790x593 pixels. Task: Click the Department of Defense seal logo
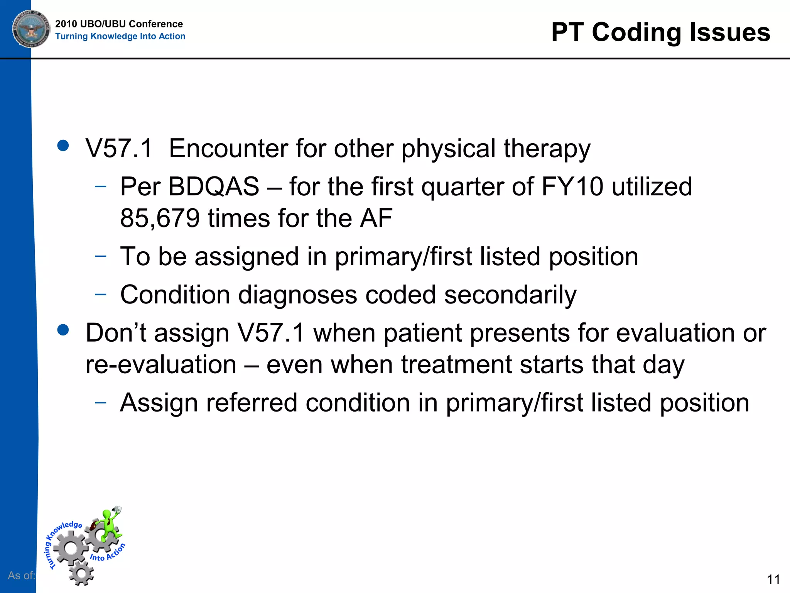tap(31, 29)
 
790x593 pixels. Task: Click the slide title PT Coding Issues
tap(660, 32)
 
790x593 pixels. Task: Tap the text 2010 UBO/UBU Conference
tap(119, 24)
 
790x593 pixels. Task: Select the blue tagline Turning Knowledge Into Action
tap(120, 36)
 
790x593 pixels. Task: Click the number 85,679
tap(160, 218)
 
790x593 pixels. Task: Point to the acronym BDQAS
tap(214, 186)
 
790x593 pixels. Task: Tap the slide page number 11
tap(773, 579)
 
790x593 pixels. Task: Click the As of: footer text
tap(21, 575)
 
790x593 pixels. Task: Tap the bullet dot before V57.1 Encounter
tap(63, 146)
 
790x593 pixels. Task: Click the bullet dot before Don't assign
tap(63, 330)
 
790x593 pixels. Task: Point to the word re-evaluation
tap(161, 364)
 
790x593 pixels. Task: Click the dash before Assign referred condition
tap(100, 402)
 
